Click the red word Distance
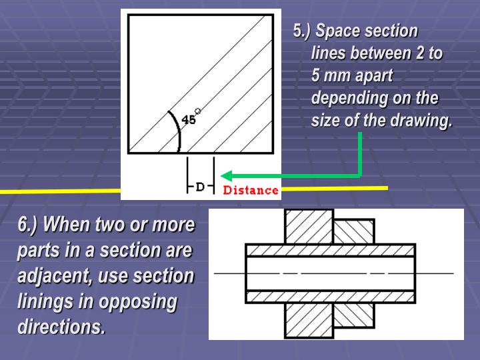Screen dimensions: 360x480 (251, 190)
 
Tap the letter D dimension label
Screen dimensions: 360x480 (200, 187)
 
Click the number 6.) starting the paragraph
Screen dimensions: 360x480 (27, 225)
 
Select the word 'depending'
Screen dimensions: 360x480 (345, 99)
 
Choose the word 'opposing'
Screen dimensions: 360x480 (138, 301)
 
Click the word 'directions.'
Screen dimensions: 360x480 (61, 327)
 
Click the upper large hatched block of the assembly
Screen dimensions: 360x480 (309, 226)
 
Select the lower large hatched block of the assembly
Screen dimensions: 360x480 (309, 319)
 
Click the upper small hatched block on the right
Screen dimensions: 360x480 (353, 231)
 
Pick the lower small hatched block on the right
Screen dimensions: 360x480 (353, 315)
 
